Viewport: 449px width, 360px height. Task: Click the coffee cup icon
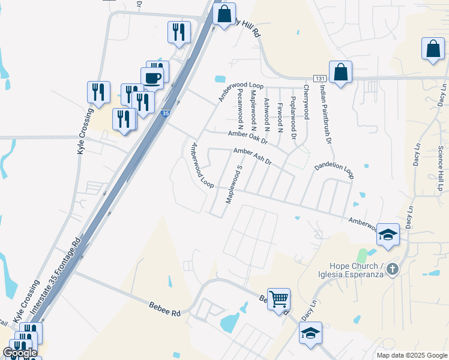152,77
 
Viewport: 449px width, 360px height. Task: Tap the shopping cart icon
279,298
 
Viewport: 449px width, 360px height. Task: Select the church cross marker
392,269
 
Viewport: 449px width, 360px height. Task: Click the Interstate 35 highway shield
166,112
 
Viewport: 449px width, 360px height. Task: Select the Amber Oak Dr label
247,137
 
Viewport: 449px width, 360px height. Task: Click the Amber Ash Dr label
253,157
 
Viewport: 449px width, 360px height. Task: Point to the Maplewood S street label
233,185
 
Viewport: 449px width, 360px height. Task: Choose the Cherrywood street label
306,100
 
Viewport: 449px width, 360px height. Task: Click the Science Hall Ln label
441,168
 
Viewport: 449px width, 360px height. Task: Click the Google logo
20,353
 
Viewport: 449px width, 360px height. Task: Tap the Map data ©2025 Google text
411,355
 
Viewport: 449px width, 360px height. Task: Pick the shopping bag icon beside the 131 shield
340,73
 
